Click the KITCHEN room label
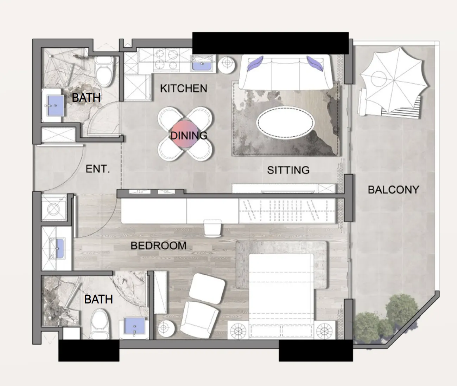[x=184, y=89]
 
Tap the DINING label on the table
[x=189, y=136]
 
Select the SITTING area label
[x=288, y=170]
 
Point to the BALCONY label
[x=393, y=190]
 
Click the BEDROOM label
[x=159, y=246]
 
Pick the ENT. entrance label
[x=97, y=169]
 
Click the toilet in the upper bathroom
[x=104, y=71]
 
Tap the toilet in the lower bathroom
[x=100, y=324]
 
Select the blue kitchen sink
[x=202, y=64]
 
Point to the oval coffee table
[x=285, y=123]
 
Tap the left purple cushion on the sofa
[x=255, y=63]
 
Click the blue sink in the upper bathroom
[x=55, y=105]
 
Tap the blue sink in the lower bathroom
[x=134, y=326]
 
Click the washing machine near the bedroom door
[x=54, y=208]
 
